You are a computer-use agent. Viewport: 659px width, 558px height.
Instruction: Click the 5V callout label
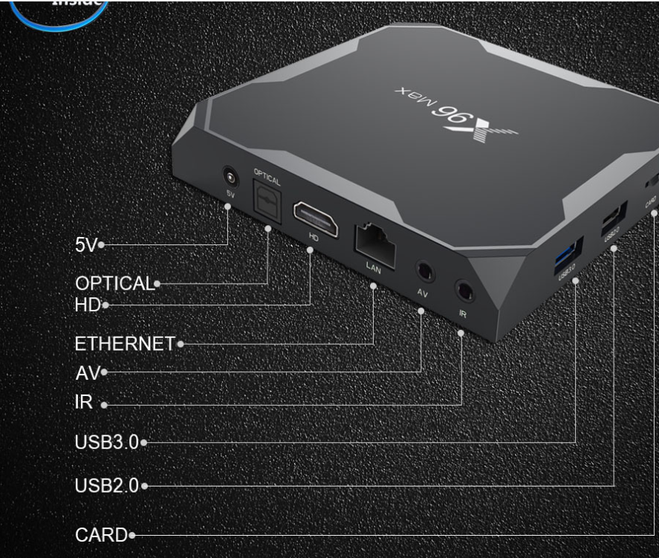tap(86, 245)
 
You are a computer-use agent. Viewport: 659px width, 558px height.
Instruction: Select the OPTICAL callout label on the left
tap(114, 283)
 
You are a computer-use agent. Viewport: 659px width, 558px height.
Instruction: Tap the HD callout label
tap(87, 305)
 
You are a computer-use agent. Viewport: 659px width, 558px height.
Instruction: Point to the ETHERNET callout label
tap(125, 344)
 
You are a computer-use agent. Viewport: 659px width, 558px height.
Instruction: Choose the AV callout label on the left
tap(87, 372)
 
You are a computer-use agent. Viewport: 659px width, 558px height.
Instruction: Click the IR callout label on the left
tap(84, 403)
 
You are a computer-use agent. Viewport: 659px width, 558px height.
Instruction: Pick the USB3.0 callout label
tap(107, 442)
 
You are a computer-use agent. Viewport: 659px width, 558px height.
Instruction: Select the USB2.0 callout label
tap(107, 486)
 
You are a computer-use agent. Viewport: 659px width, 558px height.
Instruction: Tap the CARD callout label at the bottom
tap(101, 534)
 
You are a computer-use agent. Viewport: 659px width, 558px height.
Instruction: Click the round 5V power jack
tap(232, 178)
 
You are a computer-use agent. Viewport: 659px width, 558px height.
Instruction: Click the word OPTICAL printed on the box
tap(267, 177)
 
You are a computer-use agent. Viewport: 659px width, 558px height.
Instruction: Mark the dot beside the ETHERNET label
tap(181, 344)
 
